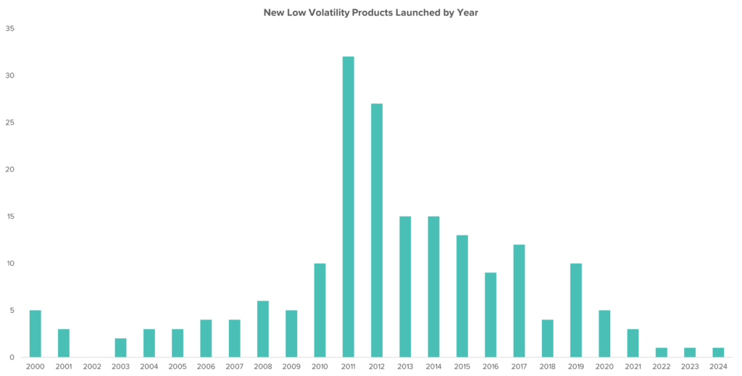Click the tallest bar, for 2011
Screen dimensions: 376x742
pos(348,206)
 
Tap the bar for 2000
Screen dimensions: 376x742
pos(35,333)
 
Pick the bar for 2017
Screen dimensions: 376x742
pos(519,301)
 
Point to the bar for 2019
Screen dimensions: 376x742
pos(575,310)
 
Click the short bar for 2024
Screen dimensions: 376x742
pos(717,353)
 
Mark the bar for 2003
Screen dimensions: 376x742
pos(120,348)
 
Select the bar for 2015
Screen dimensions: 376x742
pos(462,296)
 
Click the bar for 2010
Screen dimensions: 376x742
pos(320,310)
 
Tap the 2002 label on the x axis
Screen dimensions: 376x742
pos(92,367)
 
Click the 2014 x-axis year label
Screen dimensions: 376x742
pos(433,367)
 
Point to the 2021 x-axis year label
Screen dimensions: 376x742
pos(632,367)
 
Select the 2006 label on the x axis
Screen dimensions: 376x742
pos(206,367)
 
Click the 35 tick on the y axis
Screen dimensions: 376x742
pos(10,29)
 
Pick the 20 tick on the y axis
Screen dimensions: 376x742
pos(10,170)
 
